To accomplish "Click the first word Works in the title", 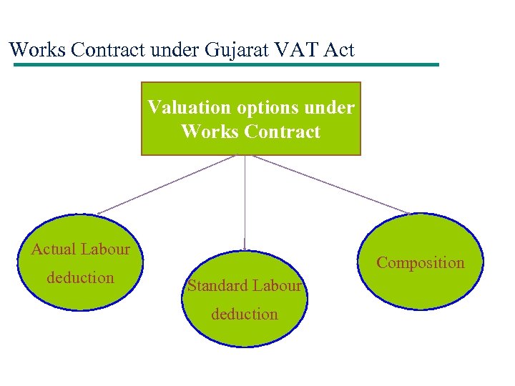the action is pyautogui.click(x=36, y=50).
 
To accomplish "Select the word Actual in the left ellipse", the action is pyautogui.click(x=54, y=249).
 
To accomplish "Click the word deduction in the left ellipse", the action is pyautogui.click(x=80, y=278).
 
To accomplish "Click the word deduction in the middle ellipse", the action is pyautogui.click(x=244, y=315).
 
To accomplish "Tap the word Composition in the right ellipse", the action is pyautogui.click(x=421, y=263).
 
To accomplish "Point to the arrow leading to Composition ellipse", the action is pyautogui.click(x=330, y=184).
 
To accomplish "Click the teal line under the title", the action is pyautogui.click(x=226, y=65).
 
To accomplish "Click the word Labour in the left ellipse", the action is pyautogui.click(x=105, y=249).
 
